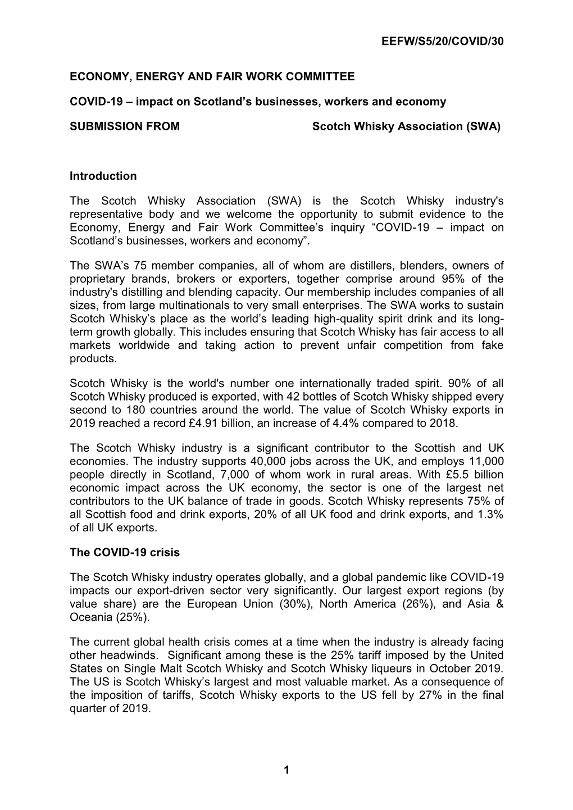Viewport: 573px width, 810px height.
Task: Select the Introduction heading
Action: (x=103, y=176)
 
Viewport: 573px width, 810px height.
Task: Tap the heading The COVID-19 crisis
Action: (x=125, y=552)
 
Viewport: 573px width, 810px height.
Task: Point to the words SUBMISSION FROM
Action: (x=125, y=126)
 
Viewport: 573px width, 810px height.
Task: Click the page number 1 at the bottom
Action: (x=286, y=771)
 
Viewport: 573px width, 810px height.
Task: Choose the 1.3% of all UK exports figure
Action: (x=489, y=515)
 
